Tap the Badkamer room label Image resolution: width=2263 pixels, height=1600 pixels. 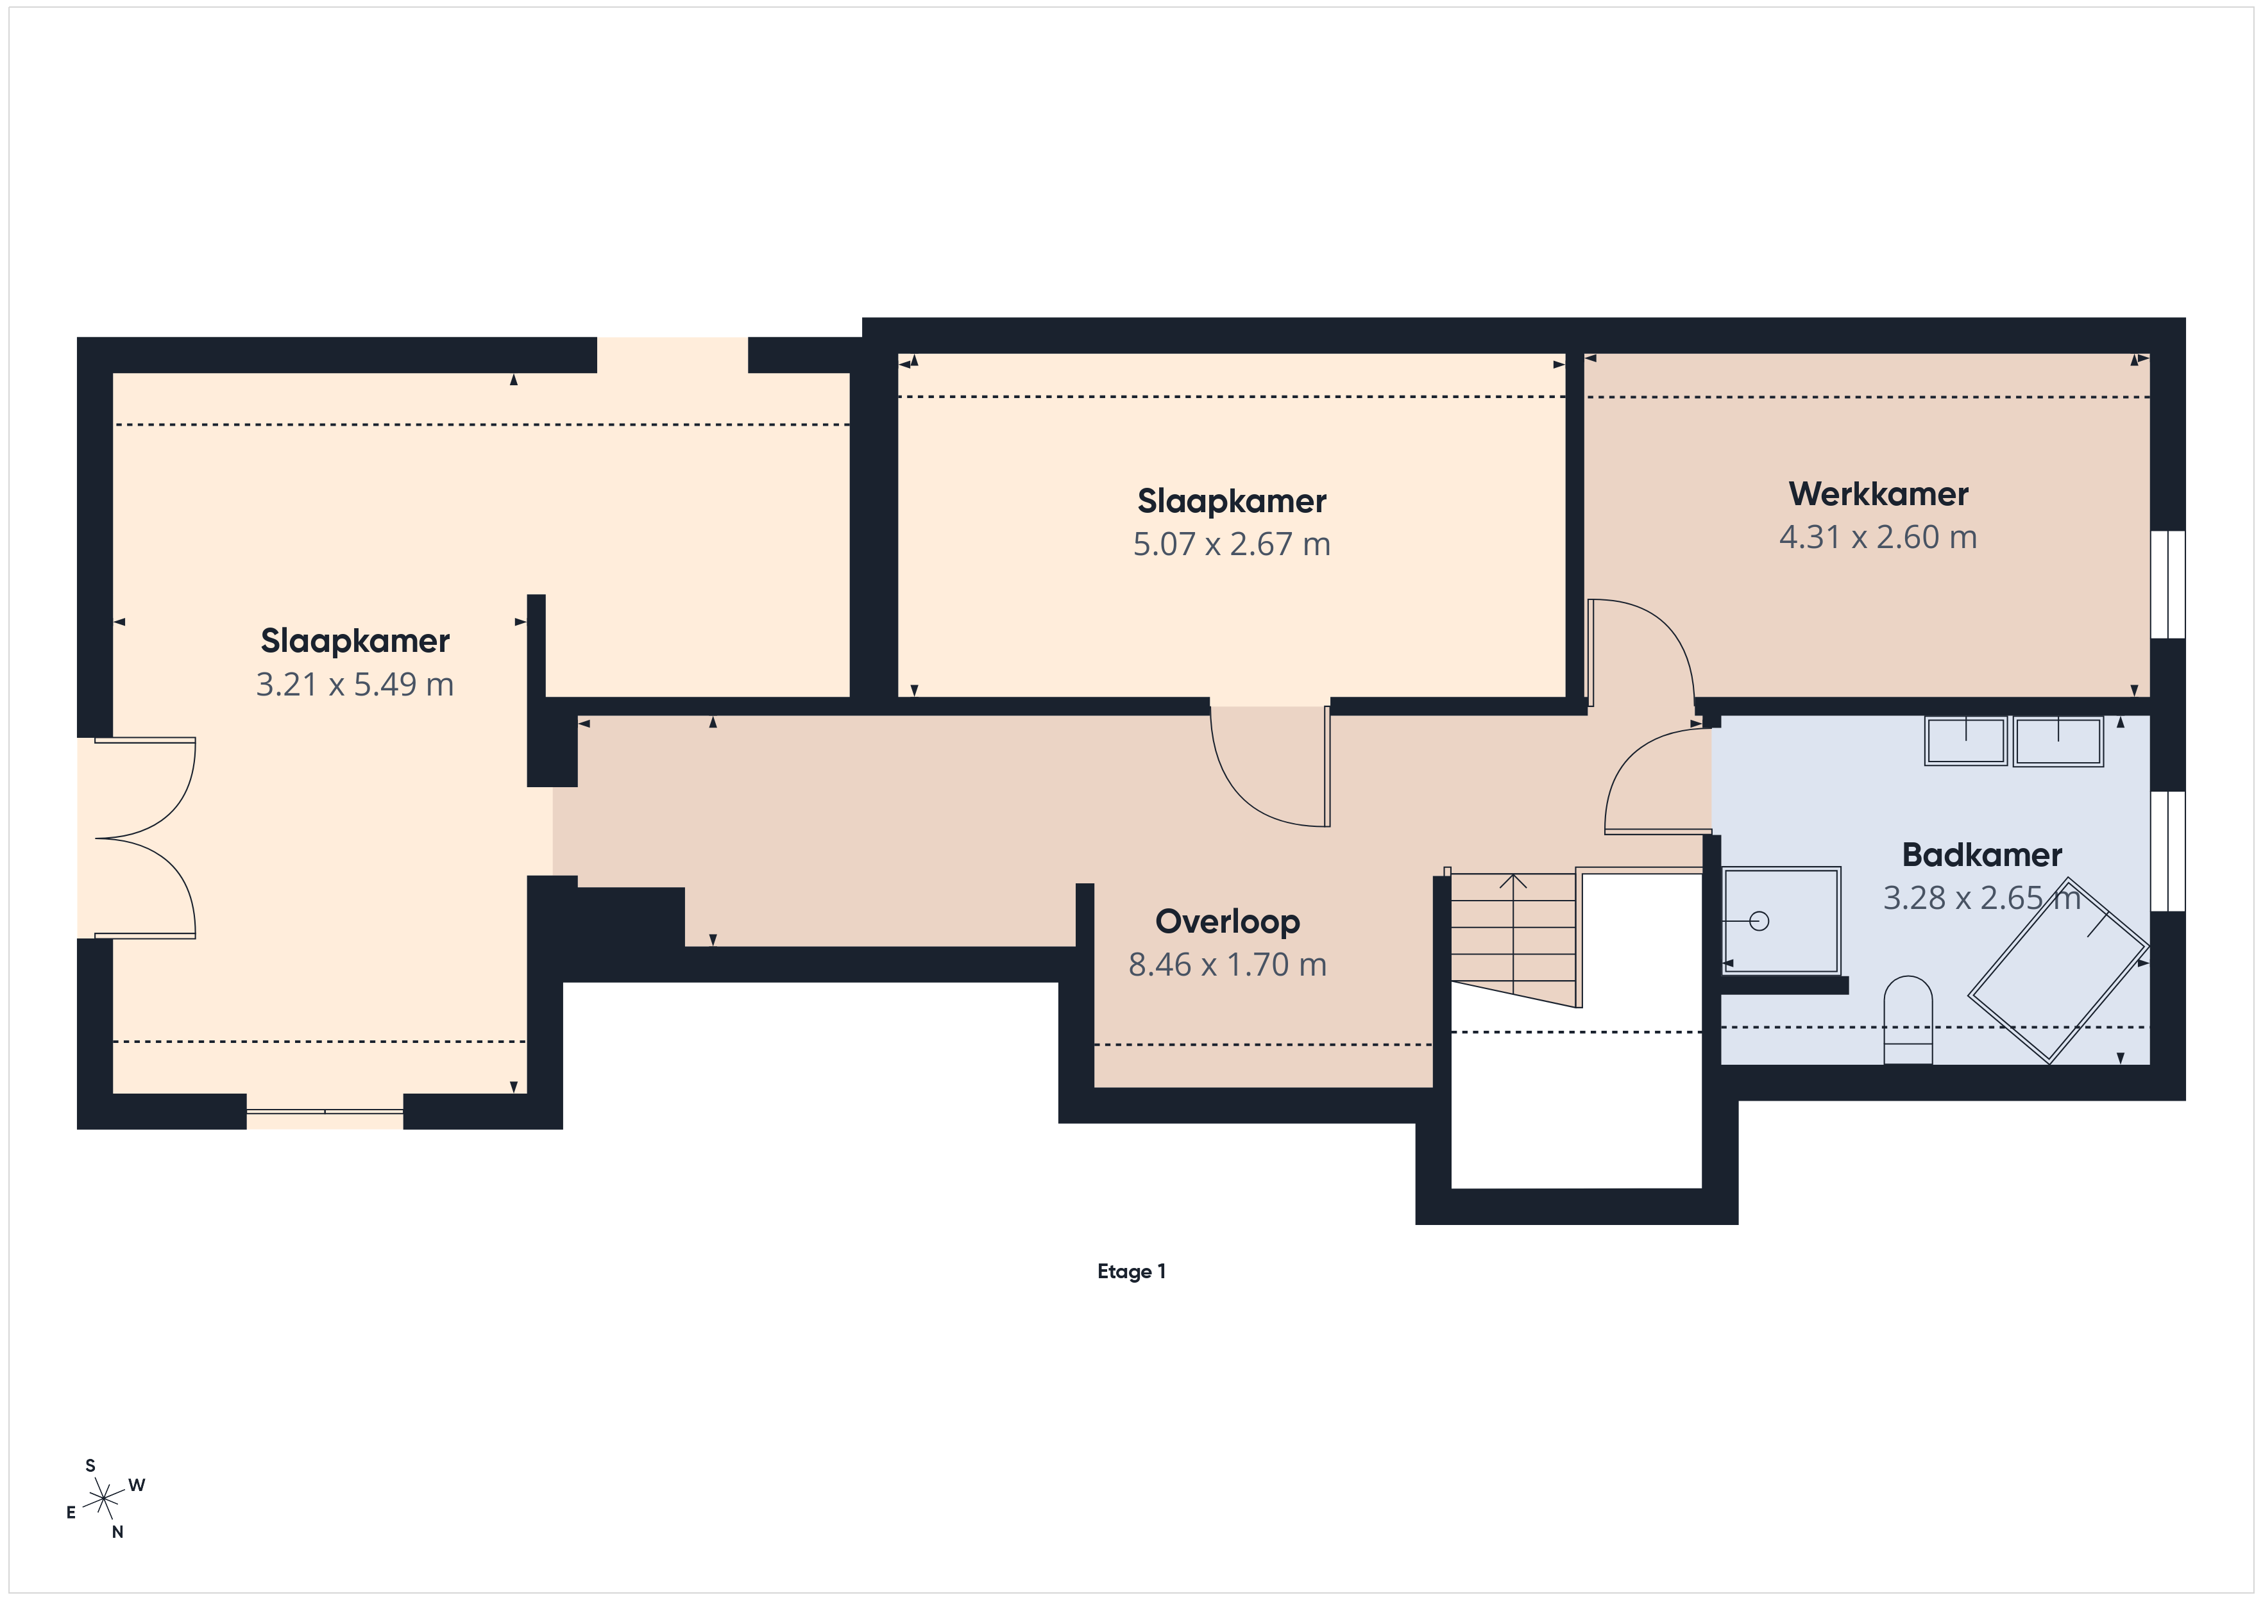tap(1981, 854)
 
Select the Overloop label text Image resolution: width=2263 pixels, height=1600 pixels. tap(1227, 922)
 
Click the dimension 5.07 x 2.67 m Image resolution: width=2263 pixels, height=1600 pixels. tap(1231, 544)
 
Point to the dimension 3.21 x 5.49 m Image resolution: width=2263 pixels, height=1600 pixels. tap(355, 684)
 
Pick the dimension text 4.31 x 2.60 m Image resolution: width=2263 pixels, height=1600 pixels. tap(1877, 537)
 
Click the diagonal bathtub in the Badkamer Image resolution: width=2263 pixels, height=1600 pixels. tap(2058, 971)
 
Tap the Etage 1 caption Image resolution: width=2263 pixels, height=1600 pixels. tap(1131, 1271)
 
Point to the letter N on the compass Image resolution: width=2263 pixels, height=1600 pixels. tap(117, 1532)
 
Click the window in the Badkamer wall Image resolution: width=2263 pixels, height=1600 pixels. tap(2167, 851)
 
